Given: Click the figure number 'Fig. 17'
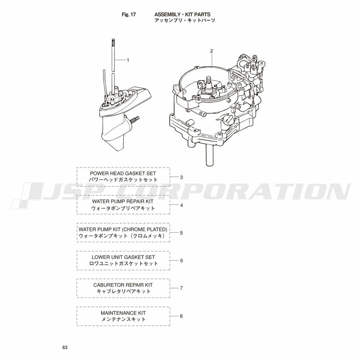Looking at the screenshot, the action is (129, 14).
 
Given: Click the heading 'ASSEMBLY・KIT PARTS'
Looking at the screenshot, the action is (182, 14).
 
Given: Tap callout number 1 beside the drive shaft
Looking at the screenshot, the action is (128, 60).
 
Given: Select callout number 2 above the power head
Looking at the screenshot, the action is (211, 51).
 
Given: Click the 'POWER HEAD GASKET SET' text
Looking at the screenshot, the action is (123, 173).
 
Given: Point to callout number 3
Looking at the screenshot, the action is (181, 177).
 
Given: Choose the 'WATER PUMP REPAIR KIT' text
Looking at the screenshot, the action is (123, 201).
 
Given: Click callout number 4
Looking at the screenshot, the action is (181, 205).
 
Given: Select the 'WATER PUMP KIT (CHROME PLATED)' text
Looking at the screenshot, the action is (123, 229).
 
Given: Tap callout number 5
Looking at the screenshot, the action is (181, 233).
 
